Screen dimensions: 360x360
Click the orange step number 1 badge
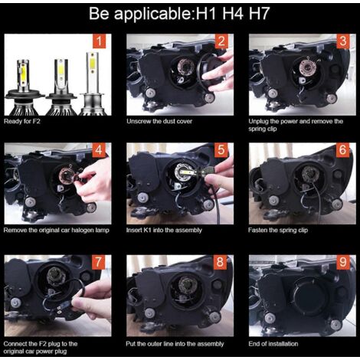(x=99, y=41)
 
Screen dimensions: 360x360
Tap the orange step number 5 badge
(x=221, y=149)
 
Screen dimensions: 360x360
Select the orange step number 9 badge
(x=343, y=262)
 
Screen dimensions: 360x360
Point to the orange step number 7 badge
(x=99, y=262)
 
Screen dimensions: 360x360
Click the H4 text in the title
(x=233, y=14)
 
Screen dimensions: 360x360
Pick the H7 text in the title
(x=259, y=14)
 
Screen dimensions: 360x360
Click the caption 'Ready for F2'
(x=22, y=121)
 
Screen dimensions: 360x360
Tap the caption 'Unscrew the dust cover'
(x=159, y=121)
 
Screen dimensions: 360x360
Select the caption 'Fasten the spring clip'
(x=278, y=231)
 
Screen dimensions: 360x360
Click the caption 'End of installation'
(x=273, y=344)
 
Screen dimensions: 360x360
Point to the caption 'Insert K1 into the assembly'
(x=164, y=231)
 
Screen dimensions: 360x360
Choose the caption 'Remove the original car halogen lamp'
(x=57, y=231)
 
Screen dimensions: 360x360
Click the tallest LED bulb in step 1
(x=92, y=83)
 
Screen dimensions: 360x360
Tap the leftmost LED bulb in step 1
(x=24, y=87)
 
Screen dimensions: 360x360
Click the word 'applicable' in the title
(x=152, y=15)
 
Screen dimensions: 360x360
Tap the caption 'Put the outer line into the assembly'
(x=175, y=344)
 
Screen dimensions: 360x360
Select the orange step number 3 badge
(x=343, y=41)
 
